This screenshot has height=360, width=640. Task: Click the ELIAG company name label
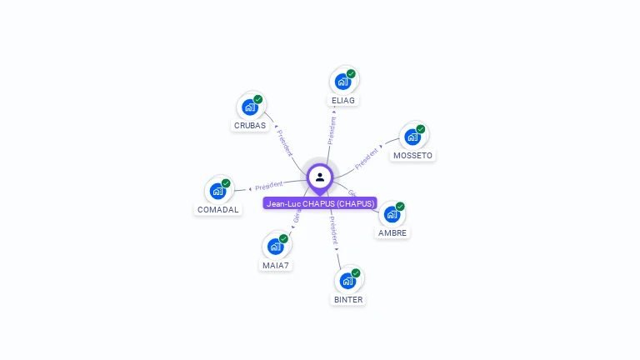click(343, 101)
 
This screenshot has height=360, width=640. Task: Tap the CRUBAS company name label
click(250, 126)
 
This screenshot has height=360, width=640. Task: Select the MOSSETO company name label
click(412, 156)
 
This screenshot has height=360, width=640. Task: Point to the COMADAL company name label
click(218, 210)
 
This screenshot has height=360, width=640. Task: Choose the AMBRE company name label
click(392, 233)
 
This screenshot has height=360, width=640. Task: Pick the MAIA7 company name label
click(275, 266)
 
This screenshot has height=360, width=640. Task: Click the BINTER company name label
click(348, 299)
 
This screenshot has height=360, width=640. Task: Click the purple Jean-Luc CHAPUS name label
click(320, 203)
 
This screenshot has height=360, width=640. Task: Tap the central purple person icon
click(320, 177)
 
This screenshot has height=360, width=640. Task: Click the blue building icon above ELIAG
click(342, 82)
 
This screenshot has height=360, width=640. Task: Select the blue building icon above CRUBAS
click(248, 107)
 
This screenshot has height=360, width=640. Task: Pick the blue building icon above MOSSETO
click(412, 137)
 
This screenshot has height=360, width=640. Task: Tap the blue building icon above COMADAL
click(217, 191)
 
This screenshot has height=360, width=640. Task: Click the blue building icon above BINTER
click(347, 280)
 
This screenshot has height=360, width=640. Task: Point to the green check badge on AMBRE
click(400, 206)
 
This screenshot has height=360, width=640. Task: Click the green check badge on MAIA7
click(283, 238)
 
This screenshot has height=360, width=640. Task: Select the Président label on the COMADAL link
click(269, 185)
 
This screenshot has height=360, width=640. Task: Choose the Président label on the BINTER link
click(333, 229)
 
